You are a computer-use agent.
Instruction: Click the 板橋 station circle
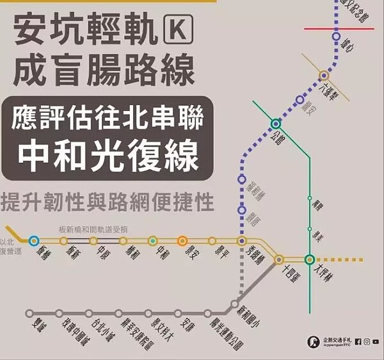(33, 241)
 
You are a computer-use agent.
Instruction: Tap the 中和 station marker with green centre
(152, 241)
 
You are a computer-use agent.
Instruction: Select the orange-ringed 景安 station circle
(182, 241)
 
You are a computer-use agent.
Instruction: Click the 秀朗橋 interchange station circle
(241, 241)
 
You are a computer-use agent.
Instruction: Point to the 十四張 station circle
(279, 259)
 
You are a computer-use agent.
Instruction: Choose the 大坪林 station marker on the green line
(310, 259)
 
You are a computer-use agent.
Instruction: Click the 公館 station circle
(276, 123)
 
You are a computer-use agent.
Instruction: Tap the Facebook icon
(357, 341)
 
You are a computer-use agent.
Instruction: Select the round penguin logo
(314, 342)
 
